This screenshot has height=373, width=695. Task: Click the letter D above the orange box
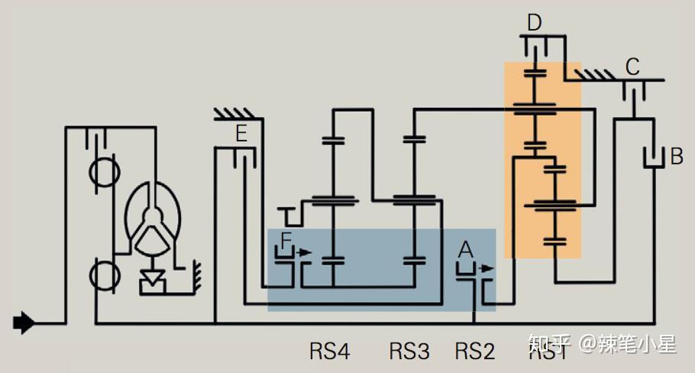(x=535, y=22)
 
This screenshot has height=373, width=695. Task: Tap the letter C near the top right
(x=632, y=66)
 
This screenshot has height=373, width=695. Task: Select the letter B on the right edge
(x=676, y=157)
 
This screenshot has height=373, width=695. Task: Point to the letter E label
(x=241, y=135)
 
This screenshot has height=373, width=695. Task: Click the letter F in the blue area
(x=286, y=241)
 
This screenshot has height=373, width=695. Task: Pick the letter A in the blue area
(x=465, y=248)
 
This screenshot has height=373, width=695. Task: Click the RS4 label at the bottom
(x=329, y=352)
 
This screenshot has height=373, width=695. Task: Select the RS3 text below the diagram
(x=409, y=352)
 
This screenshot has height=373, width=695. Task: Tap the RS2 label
(x=475, y=352)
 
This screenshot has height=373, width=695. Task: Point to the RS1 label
(x=548, y=352)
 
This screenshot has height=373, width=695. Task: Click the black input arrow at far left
(x=24, y=323)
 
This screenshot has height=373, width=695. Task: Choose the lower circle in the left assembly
(x=102, y=274)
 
